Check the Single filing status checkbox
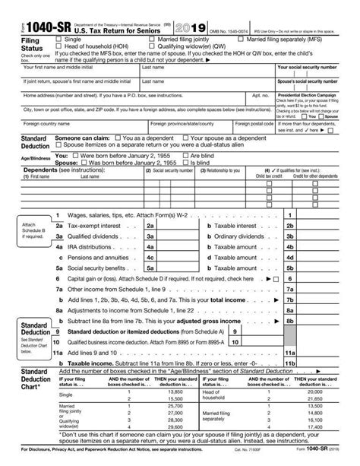coord(59,37)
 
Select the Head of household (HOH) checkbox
coord(59,46)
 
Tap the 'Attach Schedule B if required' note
coord(30,229)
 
